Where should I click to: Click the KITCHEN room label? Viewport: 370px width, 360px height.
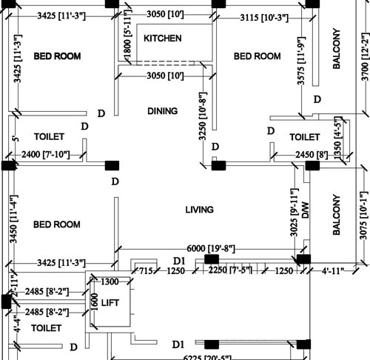(162, 38)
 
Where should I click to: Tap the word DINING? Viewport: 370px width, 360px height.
(162, 111)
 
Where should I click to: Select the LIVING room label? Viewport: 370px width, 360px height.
(199, 210)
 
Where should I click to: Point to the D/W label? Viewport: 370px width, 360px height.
(304, 209)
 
